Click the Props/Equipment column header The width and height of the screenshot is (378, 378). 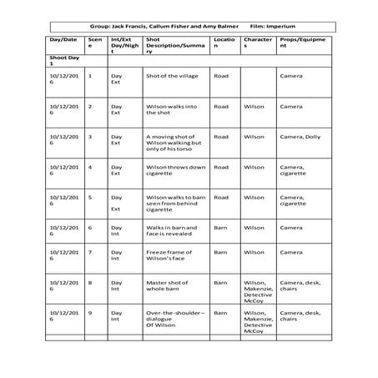coord(300,43)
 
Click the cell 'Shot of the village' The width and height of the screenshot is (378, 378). coord(170,76)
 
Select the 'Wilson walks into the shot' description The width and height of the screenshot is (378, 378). coord(170,109)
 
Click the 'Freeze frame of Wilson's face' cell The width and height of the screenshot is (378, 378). coord(170,257)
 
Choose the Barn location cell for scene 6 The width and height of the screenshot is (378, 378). coord(220,227)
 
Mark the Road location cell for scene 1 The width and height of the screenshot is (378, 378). coord(221,76)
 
